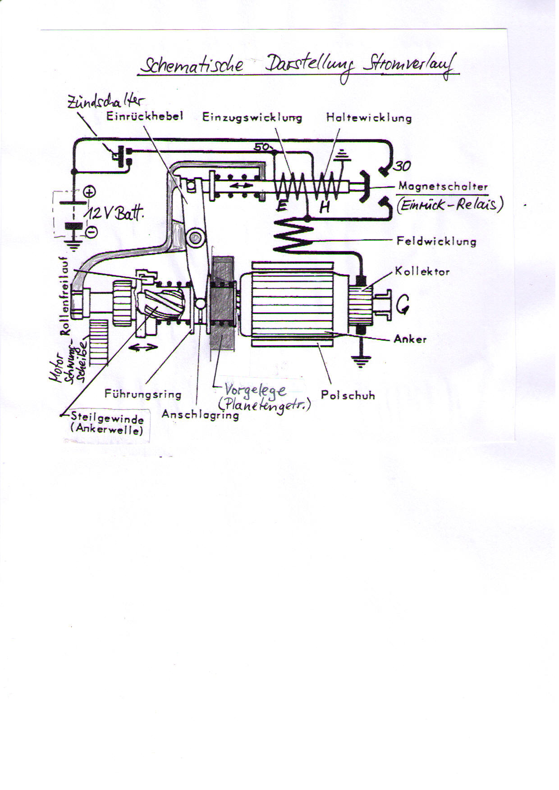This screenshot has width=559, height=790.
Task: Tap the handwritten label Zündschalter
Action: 106,102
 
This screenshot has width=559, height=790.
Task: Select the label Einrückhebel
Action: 144,116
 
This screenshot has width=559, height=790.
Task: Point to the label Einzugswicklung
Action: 252,118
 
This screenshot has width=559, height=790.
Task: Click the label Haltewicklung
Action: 369,118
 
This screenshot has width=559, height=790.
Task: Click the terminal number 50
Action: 261,147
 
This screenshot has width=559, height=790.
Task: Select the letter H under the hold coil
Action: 325,207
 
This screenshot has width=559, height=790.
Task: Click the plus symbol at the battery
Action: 90,192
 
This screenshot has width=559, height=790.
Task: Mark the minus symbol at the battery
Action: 91,232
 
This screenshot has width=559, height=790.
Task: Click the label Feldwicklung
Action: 436,241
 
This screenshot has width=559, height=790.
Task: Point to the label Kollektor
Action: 422,271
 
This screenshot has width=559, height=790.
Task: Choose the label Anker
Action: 410,339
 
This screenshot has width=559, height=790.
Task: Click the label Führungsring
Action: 143,394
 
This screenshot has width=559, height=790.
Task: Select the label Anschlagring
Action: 200,415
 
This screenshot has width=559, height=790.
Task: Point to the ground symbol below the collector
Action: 361,361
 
